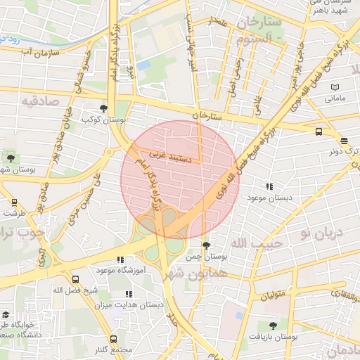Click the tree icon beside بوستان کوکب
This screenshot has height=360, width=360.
[x=104, y=108]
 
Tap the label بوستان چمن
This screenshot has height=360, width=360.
[x=204, y=257]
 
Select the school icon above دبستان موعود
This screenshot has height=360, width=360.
[x=269, y=186]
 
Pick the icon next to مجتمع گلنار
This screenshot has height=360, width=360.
[x=114, y=339]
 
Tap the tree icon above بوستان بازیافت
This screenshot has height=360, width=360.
[x=273, y=326]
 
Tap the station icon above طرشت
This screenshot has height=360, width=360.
[x=14, y=202]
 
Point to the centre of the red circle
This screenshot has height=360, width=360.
[x=180, y=180]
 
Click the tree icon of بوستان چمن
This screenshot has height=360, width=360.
[x=205, y=245]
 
